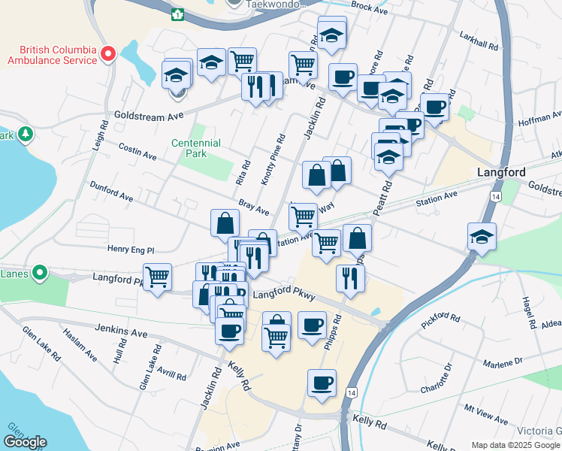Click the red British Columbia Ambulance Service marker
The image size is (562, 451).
pos(107,53)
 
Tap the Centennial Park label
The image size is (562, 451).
pos(196,148)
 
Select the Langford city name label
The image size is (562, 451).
pos(501,172)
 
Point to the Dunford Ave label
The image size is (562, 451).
pos(110,191)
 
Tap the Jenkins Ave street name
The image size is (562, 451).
pos(121,329)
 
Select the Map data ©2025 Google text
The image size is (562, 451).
pos(515,445)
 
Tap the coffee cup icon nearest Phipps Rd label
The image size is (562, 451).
pos(312,326)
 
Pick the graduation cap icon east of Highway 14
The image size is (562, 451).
pos(482,237)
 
